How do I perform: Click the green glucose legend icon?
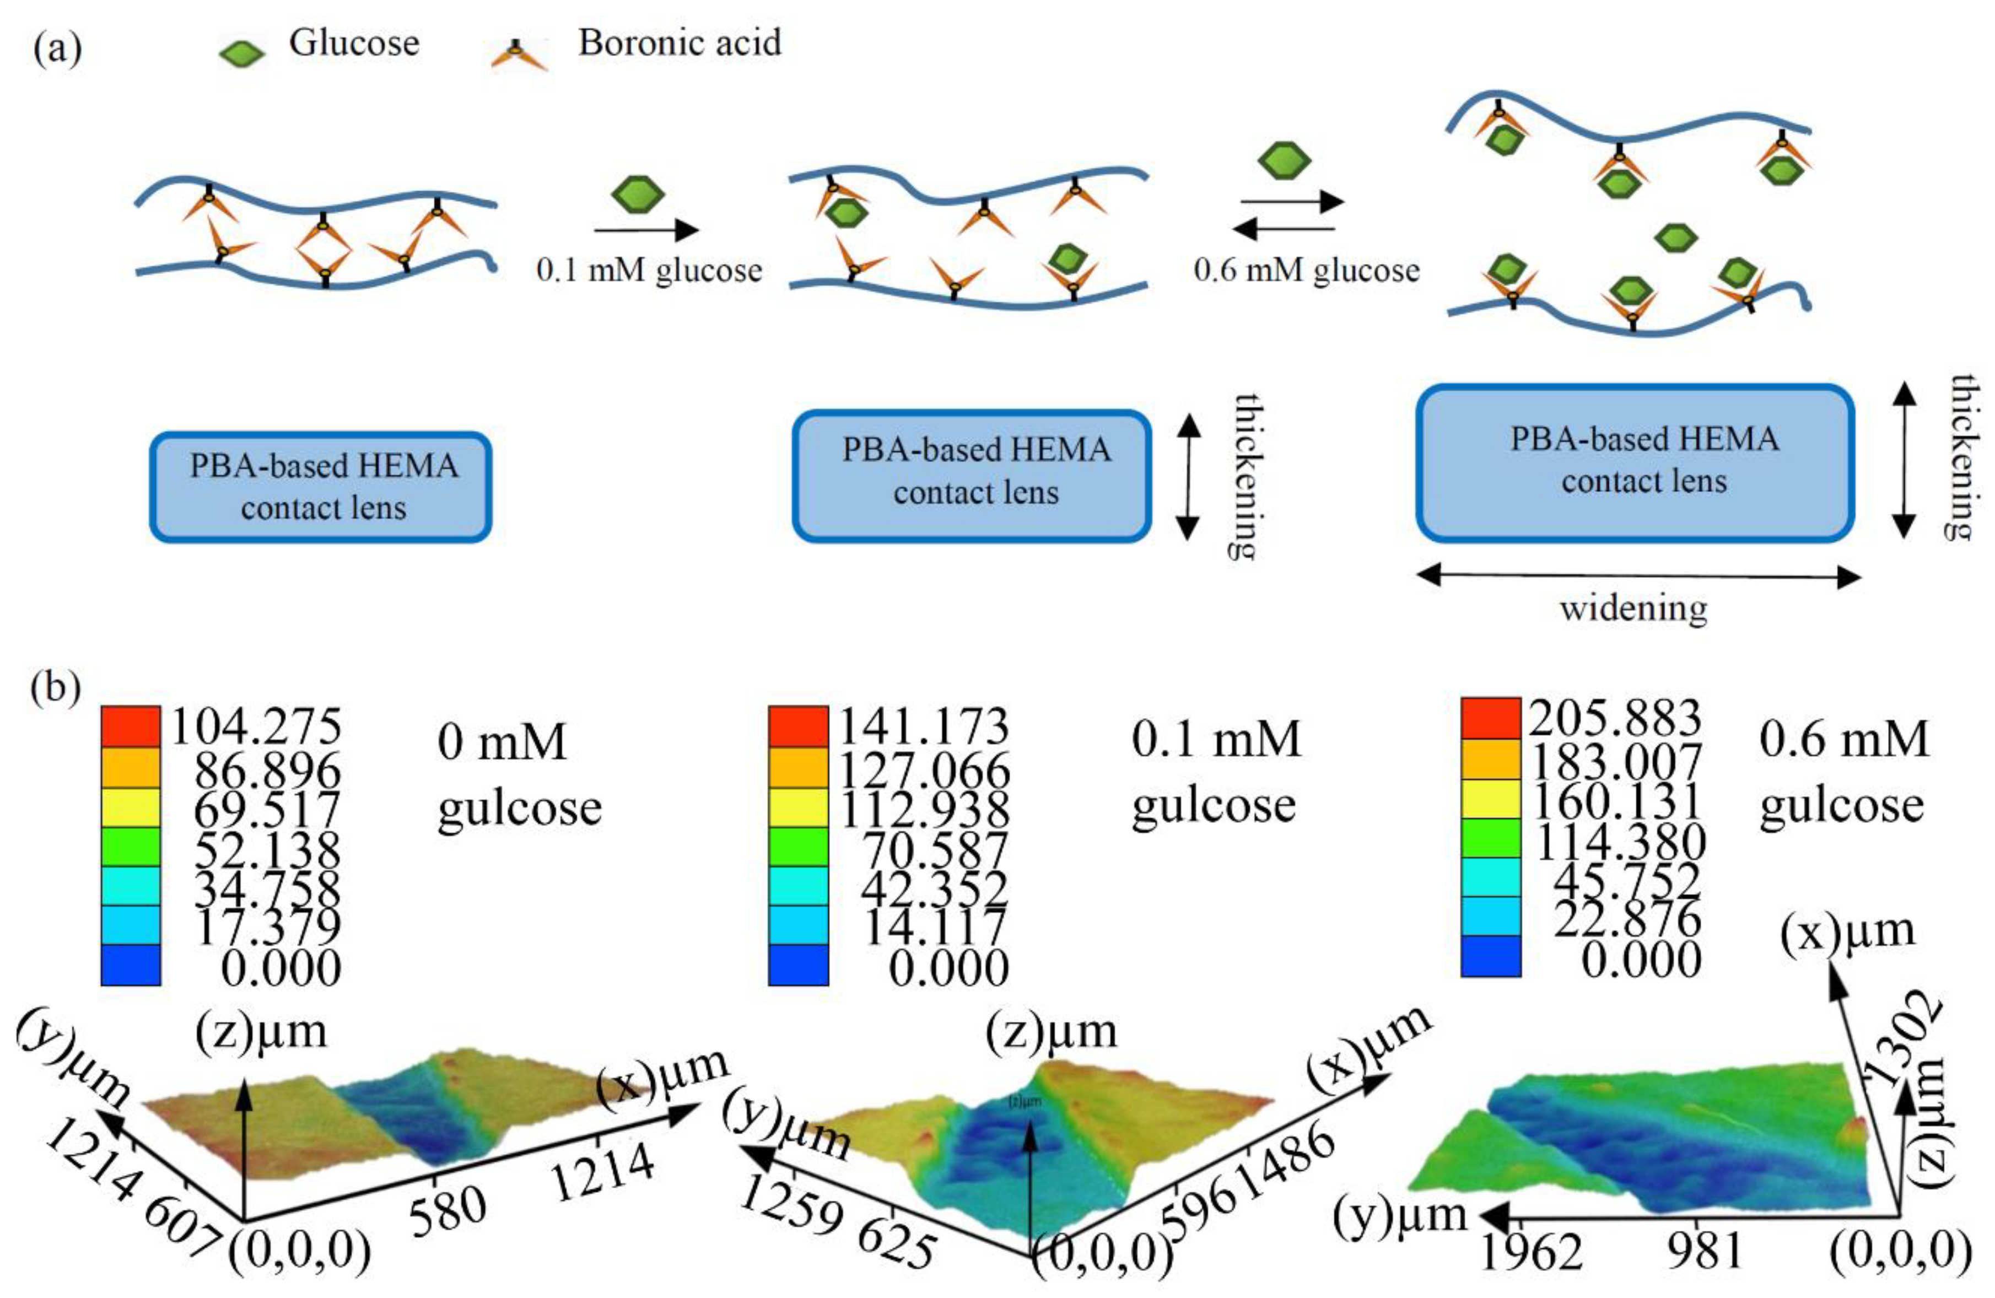[x=242, y=53]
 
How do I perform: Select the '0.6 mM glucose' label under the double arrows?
[x=1307, y=270]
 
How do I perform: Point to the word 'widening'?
[x=1633, y=607]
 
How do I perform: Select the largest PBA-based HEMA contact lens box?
[x=1635, y=463]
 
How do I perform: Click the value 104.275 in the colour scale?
[x=256, y=726]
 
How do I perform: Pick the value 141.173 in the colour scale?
[x=924, y=726]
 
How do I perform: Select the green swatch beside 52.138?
[x=130, y=847]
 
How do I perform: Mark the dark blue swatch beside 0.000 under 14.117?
[x=798, y=965]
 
